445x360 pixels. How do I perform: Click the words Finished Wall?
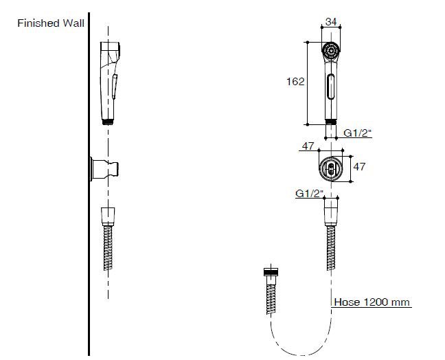51,23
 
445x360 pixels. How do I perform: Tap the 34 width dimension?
331,21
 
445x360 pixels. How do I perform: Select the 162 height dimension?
295,82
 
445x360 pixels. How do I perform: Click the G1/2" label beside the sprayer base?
357,133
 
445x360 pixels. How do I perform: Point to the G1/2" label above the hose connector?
309,194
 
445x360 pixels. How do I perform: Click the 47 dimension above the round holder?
308,146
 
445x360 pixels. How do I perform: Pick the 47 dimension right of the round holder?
359,166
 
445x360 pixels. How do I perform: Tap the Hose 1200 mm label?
372,302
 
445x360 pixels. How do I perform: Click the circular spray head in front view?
330,51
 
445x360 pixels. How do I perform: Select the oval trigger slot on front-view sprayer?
330,87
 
